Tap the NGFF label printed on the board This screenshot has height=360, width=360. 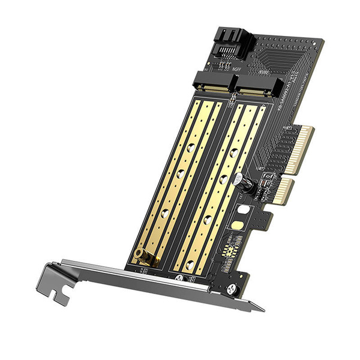(221, 68)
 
